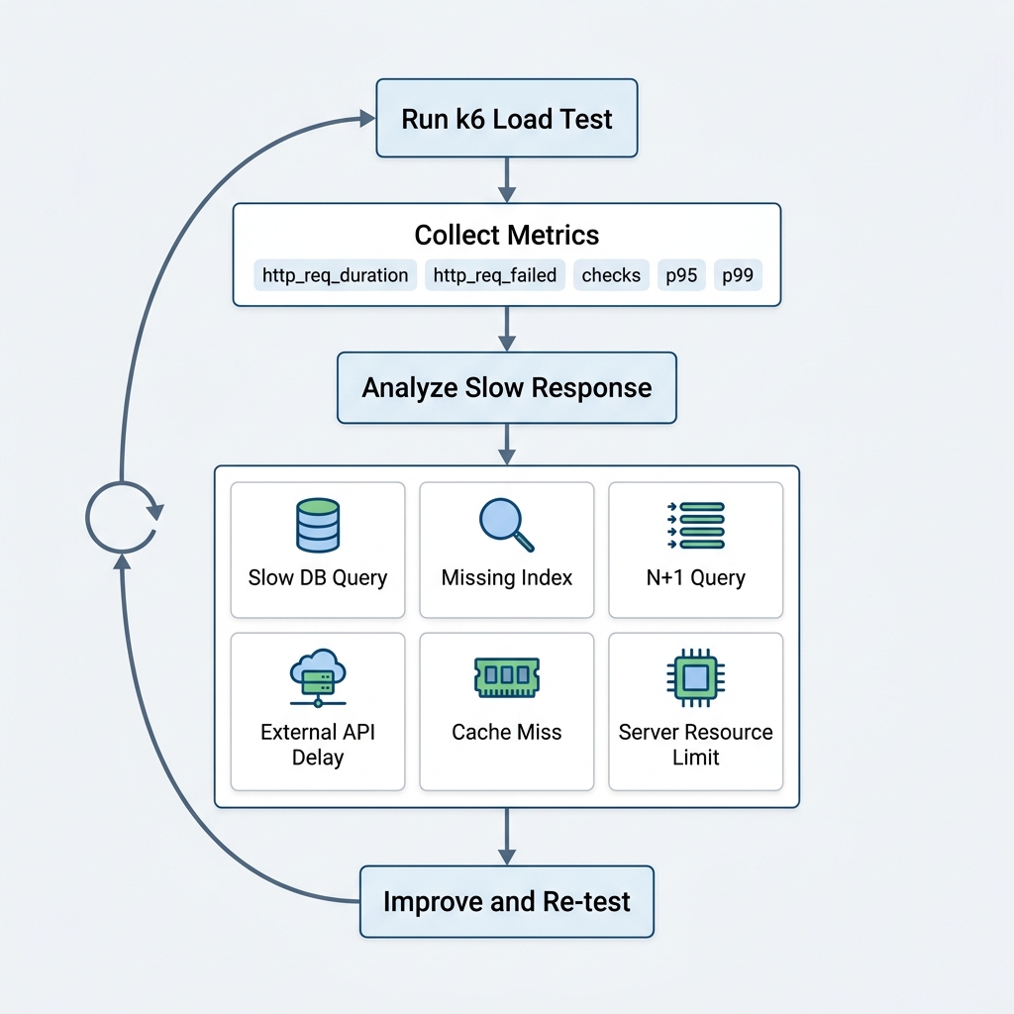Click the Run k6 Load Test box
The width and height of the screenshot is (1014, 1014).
tap(507, 119)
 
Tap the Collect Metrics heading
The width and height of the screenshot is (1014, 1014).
tap(507, 235)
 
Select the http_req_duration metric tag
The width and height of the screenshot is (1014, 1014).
tap(335, 275)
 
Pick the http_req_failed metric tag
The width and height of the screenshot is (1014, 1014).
tap(495, 275)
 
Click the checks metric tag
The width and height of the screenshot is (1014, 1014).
tap(611, 275)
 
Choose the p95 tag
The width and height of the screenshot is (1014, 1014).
tap(681, 275)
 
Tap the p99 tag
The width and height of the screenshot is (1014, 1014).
tap(738, 275)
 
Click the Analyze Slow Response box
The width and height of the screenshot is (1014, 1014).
tap(507, 388)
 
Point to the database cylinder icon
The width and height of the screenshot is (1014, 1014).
tap(318, 525)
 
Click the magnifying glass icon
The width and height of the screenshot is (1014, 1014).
tap(506, 525)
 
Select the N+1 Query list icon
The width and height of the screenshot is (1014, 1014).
tap(696, 525)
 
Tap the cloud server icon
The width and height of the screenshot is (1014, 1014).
tap(318, 677)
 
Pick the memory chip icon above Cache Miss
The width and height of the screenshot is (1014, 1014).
tap(507, 677)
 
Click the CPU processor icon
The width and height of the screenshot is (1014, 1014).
tap(696, 677)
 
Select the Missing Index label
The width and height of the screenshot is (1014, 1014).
tap(507, 577)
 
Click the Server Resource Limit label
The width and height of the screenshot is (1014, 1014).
tap(696, 745)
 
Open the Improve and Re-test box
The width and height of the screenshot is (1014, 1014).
tap(507, 901)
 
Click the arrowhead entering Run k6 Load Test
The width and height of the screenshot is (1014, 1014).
tap(368, 119)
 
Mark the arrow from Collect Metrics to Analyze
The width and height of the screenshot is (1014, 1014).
tap(507, 329)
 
